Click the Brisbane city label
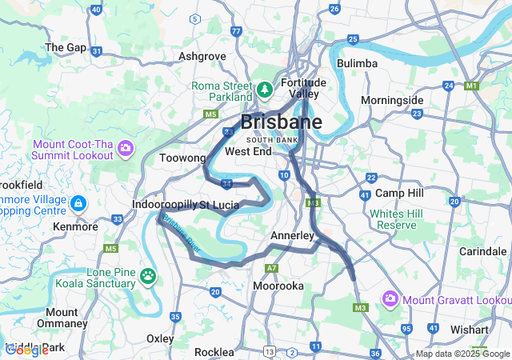pos(282,122)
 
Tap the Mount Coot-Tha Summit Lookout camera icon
pos(126,148)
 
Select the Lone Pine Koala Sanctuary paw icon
pos(149,277)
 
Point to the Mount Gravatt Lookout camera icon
pos(390,299)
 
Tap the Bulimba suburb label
pos(357,62)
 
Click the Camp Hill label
pos(398,194)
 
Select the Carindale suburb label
pos(483,251)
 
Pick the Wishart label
pos(470,329)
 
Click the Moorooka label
pos(277,286)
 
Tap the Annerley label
pos(293,236)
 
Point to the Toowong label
pos(183,158)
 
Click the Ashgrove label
pos(202,57)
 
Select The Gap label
pos(66,47)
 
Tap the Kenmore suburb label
pos(74,228)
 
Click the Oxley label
pos(160,338)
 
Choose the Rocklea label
pos(214,351)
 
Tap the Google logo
pos(26,350)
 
